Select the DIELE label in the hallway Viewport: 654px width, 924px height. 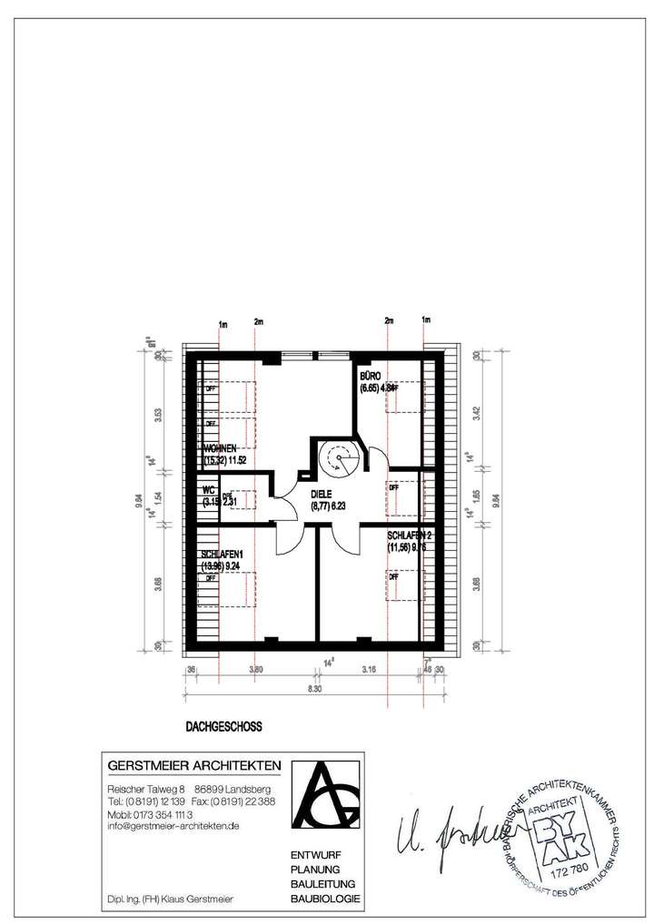click(324, 495)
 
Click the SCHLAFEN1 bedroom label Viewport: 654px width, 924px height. click(223, 554)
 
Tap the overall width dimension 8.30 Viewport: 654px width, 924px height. click(314, 692)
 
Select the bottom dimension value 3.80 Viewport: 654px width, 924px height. click(257, 671)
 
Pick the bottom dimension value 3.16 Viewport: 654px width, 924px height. click(369, 671)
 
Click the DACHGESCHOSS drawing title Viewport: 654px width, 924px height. click(223, 726)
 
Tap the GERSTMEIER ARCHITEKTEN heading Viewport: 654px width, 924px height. click(194, 764)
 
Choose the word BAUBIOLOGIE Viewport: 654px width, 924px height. click(324, 899)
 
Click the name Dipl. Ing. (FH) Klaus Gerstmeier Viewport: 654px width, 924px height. click(170, 899)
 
